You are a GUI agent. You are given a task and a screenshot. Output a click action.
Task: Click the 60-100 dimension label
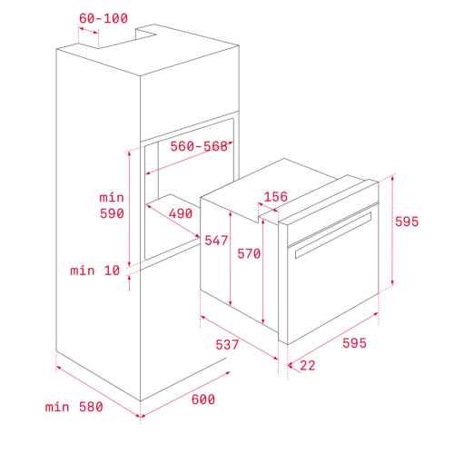tap(104, 18)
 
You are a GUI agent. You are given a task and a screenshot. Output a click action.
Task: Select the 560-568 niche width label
tap(199, 146)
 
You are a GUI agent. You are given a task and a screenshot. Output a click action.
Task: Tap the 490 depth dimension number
tap(181, 213)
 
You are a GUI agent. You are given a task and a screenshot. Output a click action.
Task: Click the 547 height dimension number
tap(216, 241)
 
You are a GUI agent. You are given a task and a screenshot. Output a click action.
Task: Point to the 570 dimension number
tap(249, 253)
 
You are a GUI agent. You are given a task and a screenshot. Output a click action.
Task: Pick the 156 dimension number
tap(276, 197)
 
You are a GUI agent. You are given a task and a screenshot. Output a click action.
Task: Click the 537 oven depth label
tap(227, 345)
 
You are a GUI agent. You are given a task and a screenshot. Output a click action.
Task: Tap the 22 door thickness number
tap(308, 366)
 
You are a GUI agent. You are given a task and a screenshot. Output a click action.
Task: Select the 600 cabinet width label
tap(203, 400)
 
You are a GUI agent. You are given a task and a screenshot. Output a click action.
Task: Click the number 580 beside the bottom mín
tap(91, 407)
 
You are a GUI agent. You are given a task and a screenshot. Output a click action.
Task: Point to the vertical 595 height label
tap(407, 222)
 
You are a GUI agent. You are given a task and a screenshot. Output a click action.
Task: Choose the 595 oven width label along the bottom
tap(354, 343)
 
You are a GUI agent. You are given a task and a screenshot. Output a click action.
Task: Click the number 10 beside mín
tap(112, 271)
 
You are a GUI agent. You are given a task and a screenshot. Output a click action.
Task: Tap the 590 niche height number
tap(112, 213)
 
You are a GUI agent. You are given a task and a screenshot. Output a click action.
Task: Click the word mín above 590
tap(112, 198)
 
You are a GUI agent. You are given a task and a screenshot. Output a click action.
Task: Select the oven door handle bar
tap(333, 235)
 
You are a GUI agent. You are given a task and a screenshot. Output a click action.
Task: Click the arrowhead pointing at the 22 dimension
tap(291, 366)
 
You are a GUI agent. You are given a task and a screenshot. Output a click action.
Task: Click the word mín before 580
tap(57, 407)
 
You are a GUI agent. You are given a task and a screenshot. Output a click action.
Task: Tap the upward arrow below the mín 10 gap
tap(129, 283)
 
